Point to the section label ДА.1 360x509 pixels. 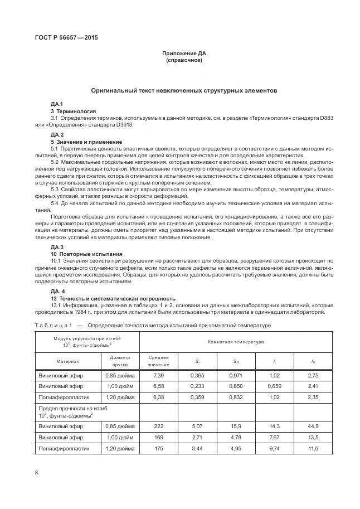click(x=57, y=104)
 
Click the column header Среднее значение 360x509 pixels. click(x=159, y=361)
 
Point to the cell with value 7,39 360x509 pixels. click(x=159, y=377)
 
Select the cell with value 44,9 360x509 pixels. click(x=313, y=425)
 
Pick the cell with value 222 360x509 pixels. click(x=159, y=425)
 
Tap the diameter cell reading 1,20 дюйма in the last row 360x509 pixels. click(x=120, y=448)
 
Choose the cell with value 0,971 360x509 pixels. click(x=236, y=377)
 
